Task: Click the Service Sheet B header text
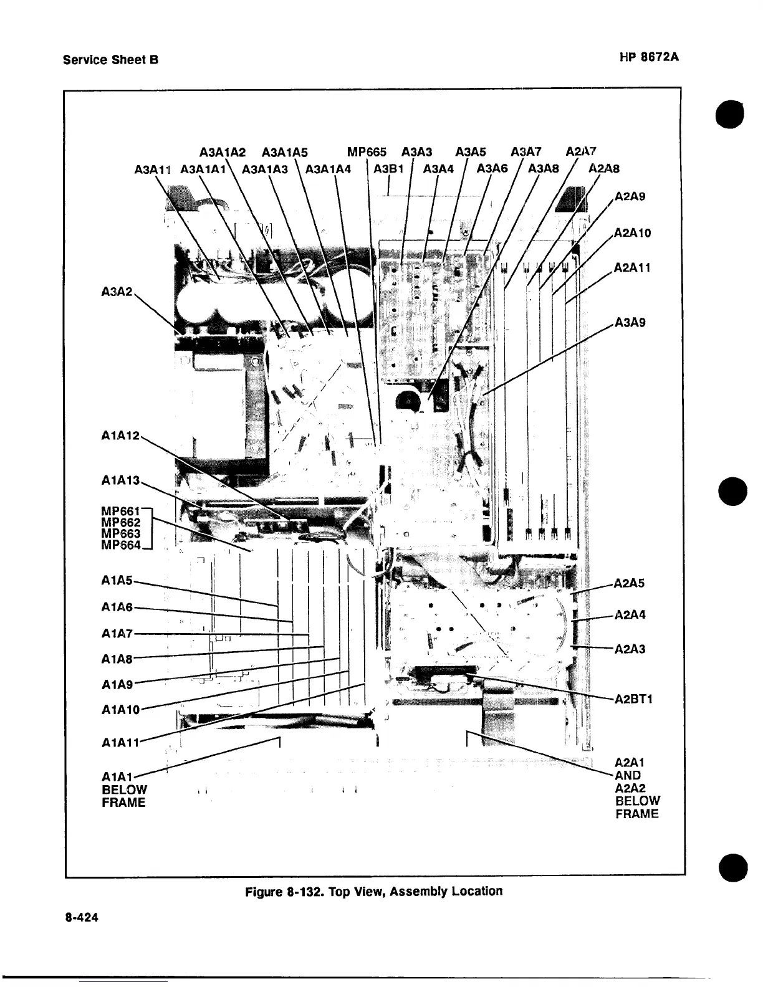[111, 60]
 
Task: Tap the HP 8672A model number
[649, 57]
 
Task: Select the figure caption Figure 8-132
[373, 891]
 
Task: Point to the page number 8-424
[81, 918]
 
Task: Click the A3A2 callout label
[117, 291]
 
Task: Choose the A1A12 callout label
[121, 435]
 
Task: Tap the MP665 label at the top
[367, 151]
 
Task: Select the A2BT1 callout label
[633, 699]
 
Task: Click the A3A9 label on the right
[630, 322]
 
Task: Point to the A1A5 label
[117, 581]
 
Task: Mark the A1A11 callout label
[120, 742]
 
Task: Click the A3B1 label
[389, 168]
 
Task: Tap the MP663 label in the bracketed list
[121, 533]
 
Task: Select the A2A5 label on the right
[630, 583]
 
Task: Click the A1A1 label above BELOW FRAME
[117, 777]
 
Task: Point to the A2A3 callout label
[630, 649]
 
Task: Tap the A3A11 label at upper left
[153, 169]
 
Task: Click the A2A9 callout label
[630, 196]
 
